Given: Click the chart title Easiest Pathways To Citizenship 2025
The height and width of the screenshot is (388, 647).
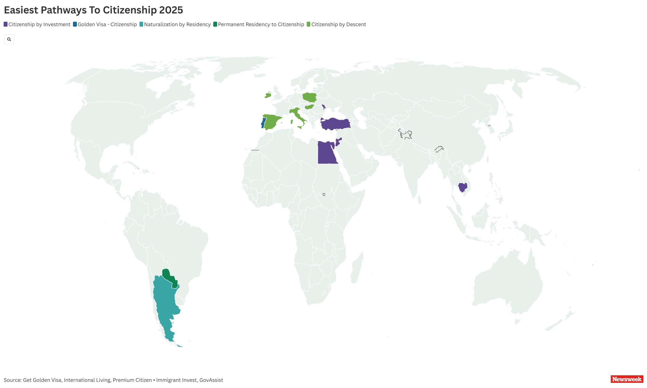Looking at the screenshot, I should coord(93,10).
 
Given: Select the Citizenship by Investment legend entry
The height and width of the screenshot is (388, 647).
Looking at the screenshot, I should coord(37,24).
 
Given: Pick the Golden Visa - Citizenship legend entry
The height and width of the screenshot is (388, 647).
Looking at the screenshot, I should coord(105,24).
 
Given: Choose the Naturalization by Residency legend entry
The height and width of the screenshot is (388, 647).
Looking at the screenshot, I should coord(175,24).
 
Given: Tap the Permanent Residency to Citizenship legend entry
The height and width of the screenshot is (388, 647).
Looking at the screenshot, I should coord(259,24).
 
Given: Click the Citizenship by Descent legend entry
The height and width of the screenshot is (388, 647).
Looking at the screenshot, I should coord(336,24).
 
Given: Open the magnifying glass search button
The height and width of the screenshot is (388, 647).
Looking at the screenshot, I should coord(9,39).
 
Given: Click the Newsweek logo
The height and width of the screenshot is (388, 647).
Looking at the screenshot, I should coord(627,379).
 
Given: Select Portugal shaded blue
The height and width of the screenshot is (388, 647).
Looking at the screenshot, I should coord(263,123).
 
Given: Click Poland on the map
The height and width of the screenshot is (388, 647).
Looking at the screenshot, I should coord(309,97).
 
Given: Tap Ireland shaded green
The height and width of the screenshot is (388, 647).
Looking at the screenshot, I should coord(268,95).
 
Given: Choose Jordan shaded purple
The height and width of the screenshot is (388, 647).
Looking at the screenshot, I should coord(338,142).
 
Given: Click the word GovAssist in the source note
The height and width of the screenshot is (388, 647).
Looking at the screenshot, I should coord(211,380).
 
